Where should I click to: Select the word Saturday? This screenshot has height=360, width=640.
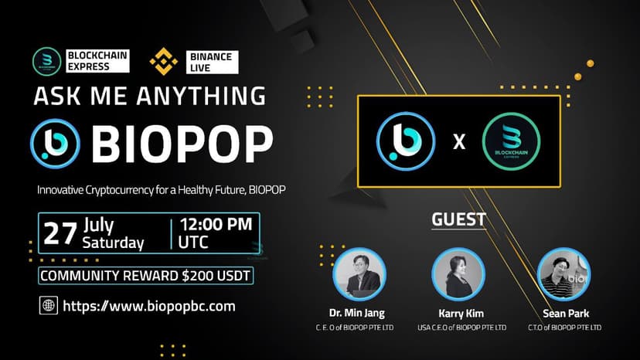coord(114,243)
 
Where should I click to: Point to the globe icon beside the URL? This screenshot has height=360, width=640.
coord(48,306)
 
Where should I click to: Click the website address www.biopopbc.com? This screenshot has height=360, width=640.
coord(148,306)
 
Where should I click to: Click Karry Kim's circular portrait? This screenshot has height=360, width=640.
coord(458,273)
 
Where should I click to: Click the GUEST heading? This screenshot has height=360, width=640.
coord(458,219)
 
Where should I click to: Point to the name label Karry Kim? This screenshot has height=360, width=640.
coord(460,314)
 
